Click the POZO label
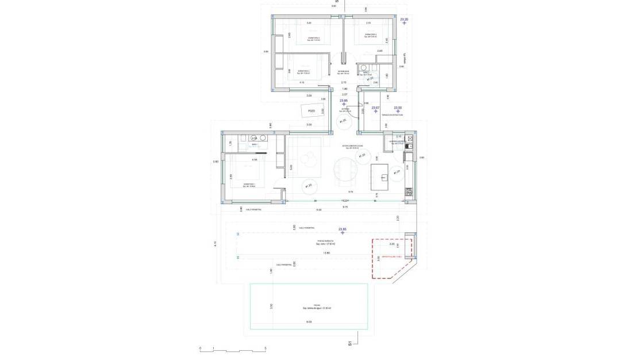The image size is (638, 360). tap(312, 111)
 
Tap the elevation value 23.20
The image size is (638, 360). tap(403, 20)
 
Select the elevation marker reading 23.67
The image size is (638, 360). tap(375, 108)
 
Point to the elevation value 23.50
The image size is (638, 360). tap(398, 108)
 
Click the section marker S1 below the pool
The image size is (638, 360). tap(349, 344)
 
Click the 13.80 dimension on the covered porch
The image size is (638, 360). tap(326, 253)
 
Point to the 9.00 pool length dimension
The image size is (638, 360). tap(309, 322)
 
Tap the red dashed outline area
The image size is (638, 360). tap(391, 259)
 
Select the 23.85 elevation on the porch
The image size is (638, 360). tap(343, 229)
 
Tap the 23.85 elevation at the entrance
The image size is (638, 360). tap(344, 101)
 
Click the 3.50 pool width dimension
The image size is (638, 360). tap(271, 306)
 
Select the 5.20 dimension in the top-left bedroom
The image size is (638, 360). tap(309, 23)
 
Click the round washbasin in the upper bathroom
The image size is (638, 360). tap(363, 68)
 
